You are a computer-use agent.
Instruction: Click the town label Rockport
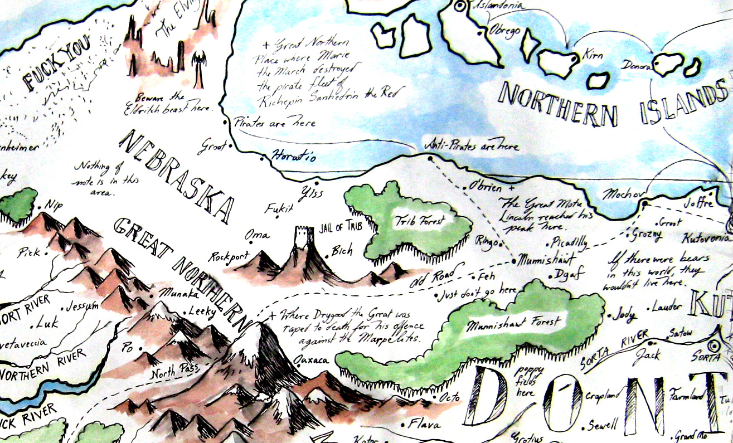(x=227, y=257)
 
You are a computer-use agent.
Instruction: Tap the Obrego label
(x=504, y=31)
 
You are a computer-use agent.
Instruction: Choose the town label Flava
(x=424, y=425)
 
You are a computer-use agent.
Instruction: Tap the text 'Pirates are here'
(x=275, y=122)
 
